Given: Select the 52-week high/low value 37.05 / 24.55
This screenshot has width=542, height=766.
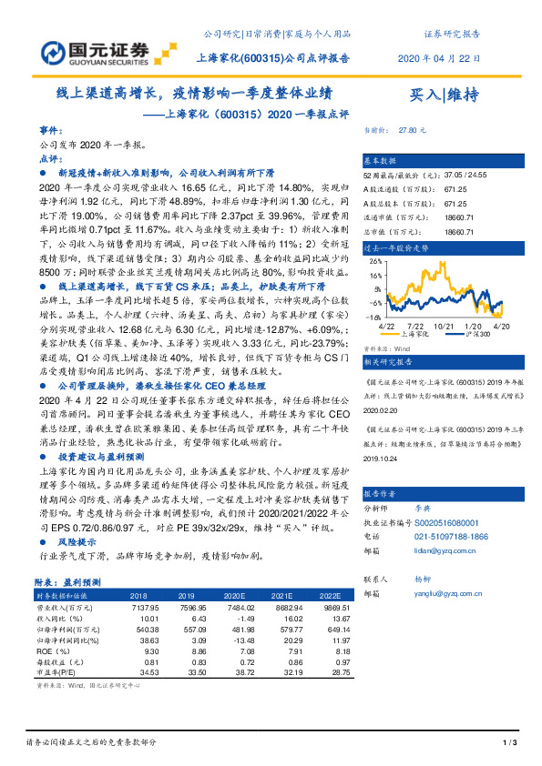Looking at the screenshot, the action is click(465, 174).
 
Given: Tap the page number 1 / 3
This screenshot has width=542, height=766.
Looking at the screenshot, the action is click(509, 744).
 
